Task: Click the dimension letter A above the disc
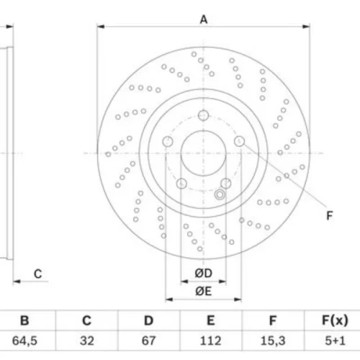[204, 19]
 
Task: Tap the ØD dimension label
[203, 273]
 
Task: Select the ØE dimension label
[203, 291]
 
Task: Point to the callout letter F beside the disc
[330, 215]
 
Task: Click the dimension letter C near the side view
[38, 274]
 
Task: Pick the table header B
[24, 320]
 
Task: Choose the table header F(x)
[335, 320]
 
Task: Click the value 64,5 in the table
[24, 341]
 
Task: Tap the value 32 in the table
[86, 341]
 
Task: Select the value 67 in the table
[148, 341]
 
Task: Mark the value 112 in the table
[210, 341]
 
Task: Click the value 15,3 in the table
[273, 341]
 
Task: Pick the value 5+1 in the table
[335, 341]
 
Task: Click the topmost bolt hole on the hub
[203, 115]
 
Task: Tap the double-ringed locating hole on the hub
[220, 194]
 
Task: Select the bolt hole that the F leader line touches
[239, 141]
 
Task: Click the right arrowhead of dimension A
[306, 27]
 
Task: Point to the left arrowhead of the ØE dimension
[169, 300]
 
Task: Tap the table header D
[148, 320]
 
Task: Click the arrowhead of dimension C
[17, 282]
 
